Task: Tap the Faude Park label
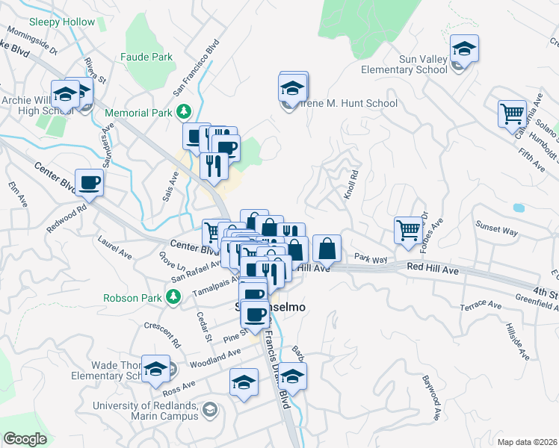click(x=146, y=57)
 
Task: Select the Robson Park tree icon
click(x=173, y=297)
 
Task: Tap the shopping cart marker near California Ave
click(x=512, y=114)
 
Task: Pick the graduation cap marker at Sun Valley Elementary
click(x=464, y=49)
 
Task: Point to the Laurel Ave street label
click(x=114, y=248)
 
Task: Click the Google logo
click(x=25, y=439)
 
